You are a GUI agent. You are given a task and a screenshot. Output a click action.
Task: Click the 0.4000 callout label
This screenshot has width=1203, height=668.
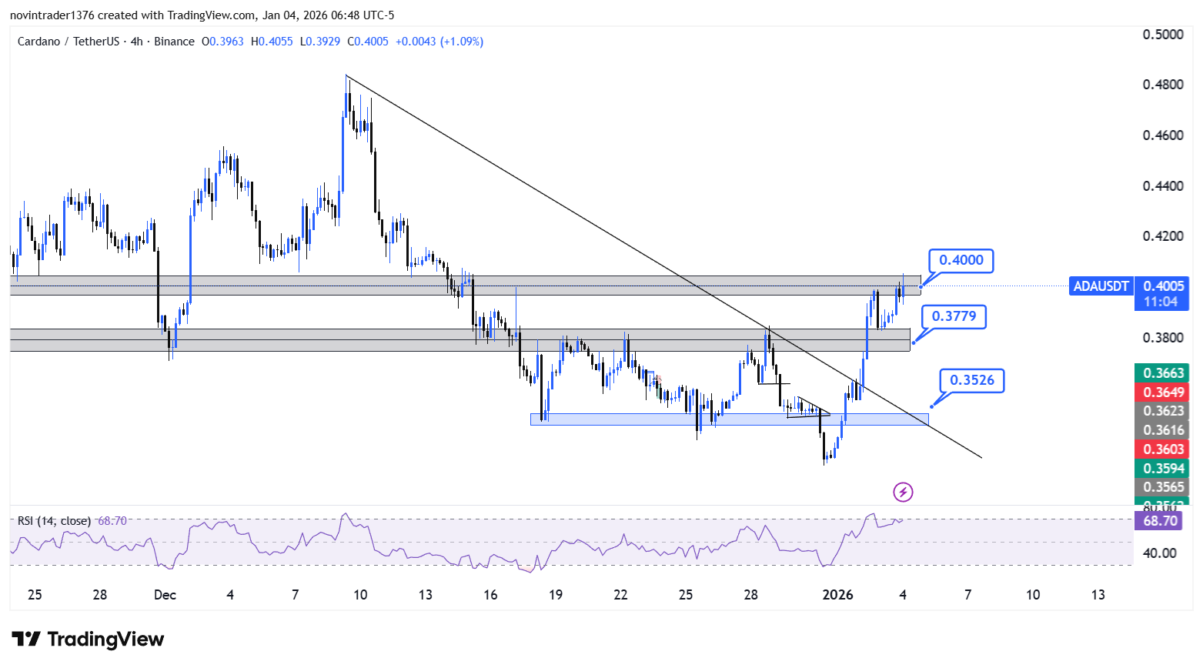(961, 260)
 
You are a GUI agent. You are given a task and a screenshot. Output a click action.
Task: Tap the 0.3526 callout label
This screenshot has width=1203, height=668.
(971, 380)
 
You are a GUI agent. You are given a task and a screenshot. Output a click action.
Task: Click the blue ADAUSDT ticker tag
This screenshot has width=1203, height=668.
(1101, 286)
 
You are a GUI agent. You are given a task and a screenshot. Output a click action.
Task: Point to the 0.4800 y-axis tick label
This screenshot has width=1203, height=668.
(1163, 85)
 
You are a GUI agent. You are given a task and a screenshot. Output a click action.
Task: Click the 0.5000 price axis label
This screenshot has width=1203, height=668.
(1163, 35)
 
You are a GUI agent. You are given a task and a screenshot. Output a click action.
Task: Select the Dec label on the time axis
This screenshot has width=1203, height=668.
(165, 595)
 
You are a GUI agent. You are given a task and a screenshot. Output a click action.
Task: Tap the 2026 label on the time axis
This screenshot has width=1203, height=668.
(837, 595)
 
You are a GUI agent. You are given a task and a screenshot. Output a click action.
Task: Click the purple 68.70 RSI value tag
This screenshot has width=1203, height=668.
(1159, 521)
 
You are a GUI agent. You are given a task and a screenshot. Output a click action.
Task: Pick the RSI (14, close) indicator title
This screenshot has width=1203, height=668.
(54, 521)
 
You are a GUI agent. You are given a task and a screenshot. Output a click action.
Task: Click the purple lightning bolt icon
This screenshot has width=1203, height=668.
(903, 492)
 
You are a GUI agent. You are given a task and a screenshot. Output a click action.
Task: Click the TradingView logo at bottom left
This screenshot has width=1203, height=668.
(88, 640)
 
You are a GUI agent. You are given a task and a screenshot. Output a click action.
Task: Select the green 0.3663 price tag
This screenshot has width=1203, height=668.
(1162, 373)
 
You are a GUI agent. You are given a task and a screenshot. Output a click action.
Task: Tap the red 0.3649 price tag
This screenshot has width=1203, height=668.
(1162, 392)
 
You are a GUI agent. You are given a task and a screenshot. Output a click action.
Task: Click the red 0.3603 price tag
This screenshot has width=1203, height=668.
(1162, 449)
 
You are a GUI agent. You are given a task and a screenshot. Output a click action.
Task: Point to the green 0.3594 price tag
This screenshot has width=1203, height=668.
(1162, 469)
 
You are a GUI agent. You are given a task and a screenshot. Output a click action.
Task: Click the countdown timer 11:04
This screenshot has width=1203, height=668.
(1161, 302)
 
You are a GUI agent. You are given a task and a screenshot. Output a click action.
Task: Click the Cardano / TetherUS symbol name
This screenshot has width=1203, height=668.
(68, 42)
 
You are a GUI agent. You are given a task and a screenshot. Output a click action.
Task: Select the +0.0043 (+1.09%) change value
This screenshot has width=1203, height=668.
(439, 42)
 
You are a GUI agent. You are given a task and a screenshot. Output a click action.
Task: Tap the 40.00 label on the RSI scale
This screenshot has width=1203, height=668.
(1159, 553)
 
